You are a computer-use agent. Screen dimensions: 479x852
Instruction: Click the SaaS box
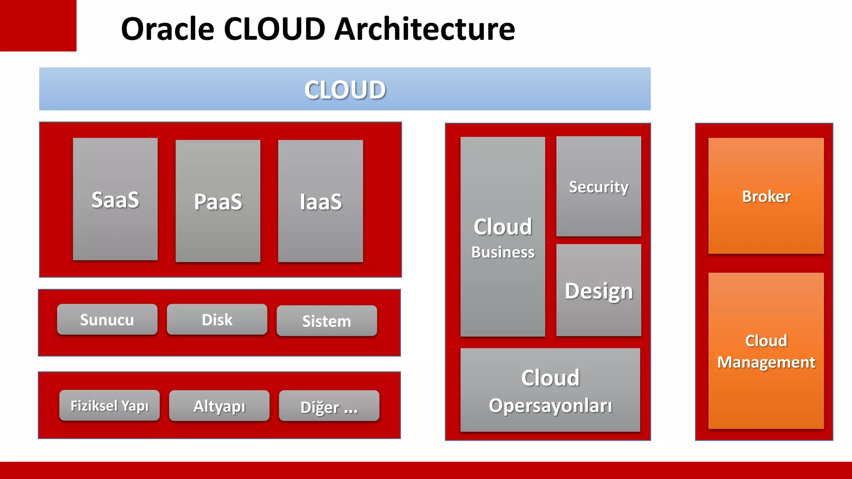tap(115, 199)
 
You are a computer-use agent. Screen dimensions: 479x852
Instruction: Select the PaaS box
tap(218, 201)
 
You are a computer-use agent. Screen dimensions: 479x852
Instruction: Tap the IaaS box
tap(320, 201)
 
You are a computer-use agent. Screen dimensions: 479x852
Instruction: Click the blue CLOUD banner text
tap(345, 89)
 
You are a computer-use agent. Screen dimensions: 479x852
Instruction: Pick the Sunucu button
tap(107, 319)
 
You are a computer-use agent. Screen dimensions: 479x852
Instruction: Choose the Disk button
tap(217, 319)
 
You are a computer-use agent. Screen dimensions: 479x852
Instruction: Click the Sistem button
tap(327, 321)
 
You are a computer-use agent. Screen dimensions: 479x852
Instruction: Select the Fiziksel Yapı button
tap(109, 405)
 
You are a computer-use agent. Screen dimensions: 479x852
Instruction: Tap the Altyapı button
tap(219, 406)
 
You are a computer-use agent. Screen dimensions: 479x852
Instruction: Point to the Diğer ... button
tap(329, 406)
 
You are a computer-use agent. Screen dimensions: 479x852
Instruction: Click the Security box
tap(598, 186)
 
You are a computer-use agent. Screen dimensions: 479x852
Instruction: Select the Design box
tap(598, 290)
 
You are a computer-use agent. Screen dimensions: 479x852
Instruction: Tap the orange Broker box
tap(766, 196)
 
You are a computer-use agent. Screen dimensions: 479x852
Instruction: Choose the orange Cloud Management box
tap(766, 351)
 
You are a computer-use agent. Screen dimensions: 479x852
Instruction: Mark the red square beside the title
tap(38, 25)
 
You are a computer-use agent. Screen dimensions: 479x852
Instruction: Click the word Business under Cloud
tap(503, 252)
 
